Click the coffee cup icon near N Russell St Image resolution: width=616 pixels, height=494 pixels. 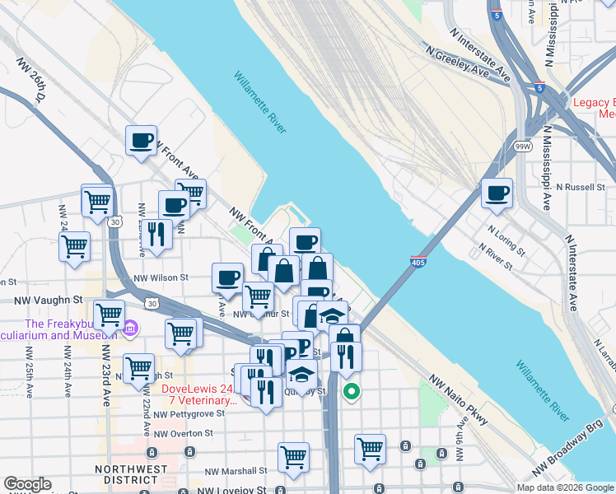point(497,193)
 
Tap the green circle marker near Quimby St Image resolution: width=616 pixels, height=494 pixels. point(352,391)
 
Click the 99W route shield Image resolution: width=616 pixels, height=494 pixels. point(522,146)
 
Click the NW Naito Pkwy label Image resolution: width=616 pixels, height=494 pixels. point(460,402)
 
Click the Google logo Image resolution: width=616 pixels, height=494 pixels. point(27,484)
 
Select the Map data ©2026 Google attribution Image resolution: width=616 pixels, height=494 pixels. point(565,487)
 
